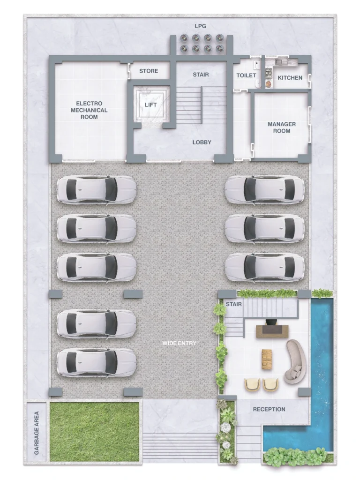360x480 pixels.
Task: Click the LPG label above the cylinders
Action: (x=201, y=26)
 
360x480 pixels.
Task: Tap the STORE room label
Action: (x=149, y=71)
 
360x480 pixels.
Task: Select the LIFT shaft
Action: (x=150, y=105)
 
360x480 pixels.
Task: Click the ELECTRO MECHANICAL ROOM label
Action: (x=89, y=110)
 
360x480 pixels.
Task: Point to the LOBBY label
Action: (x=202, y=142)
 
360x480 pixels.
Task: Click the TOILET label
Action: (x=246, y=75)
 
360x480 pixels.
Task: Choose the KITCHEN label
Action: (x=290, y=78)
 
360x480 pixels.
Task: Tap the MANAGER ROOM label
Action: (x=282, y=127)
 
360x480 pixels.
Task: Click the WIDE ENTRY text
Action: (x=180, y=343)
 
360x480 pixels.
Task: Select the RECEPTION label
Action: (x=269, y=409)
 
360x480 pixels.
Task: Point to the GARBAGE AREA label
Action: (x=37, y=433)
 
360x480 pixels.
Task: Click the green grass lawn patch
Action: (x=94, y=432)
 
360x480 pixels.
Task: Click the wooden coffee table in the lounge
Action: (x=267, y=359)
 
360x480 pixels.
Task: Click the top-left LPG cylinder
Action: (x=185, y=38)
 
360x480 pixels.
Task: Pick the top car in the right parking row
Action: (x=265, y=189)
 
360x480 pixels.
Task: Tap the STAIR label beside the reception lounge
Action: (x=234, y=304)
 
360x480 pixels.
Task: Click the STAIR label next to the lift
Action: (x=201, y=75)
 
